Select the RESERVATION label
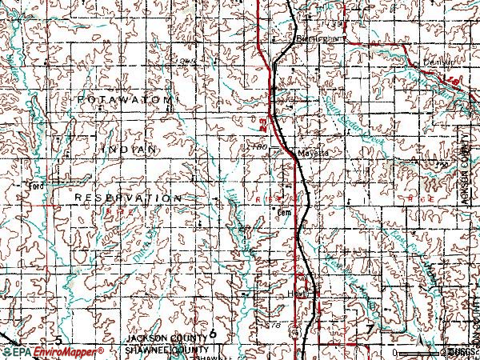click(x=128, y=197)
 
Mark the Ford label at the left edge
click(x=34, y=186)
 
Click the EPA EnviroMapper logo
click(x=52, y=352)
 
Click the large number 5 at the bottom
click(x=57, y=330)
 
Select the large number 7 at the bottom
click(x=369, y=330)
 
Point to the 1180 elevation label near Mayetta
click(x=258, y=146)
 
